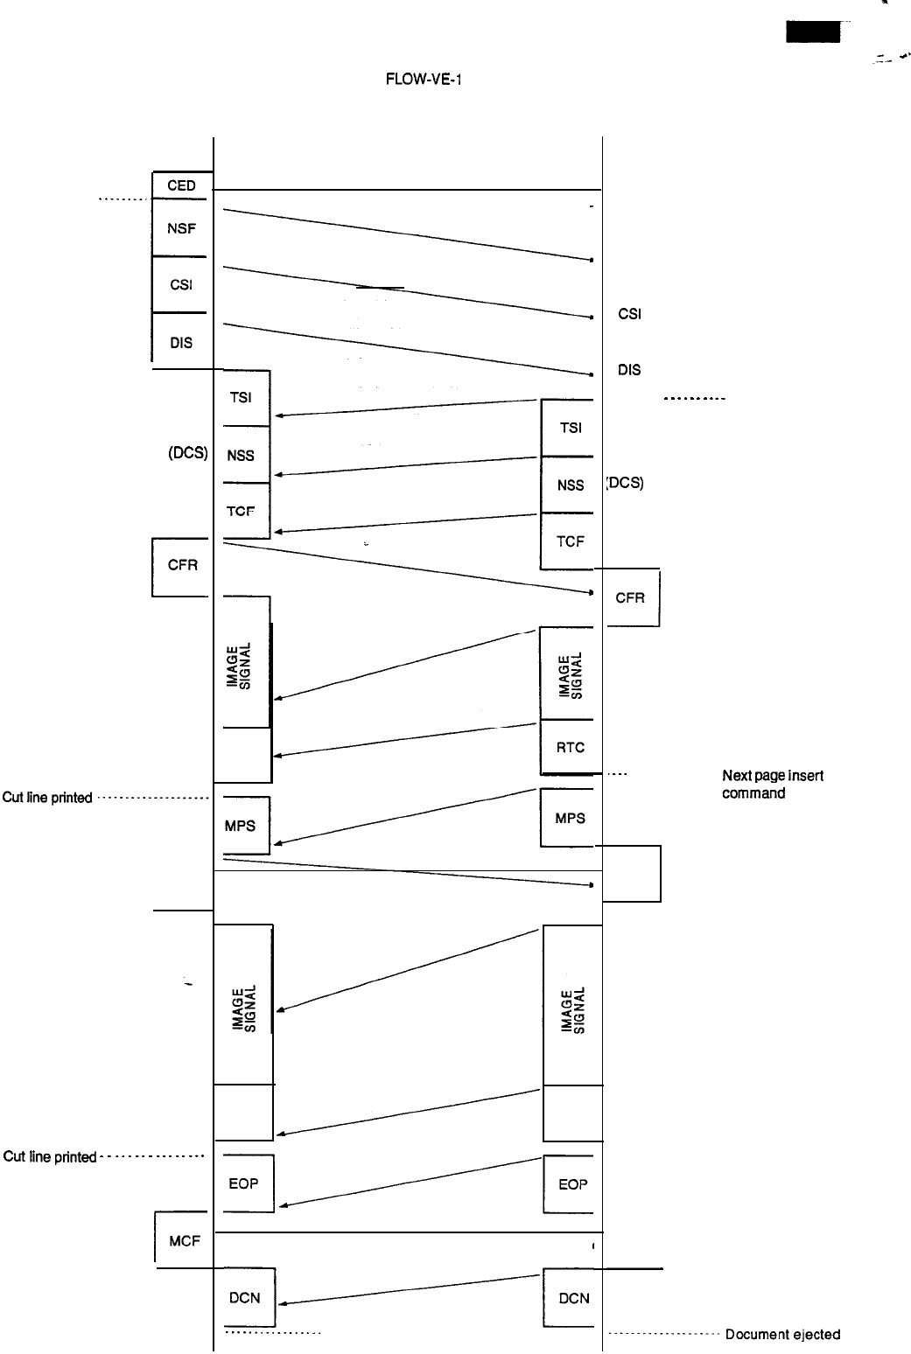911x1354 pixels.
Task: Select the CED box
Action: click(x=181, y=185)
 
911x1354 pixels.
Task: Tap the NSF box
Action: click(x=181, y=228)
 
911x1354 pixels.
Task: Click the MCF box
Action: click(x=184, y=1239)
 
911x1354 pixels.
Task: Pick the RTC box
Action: click(x=570, y=748)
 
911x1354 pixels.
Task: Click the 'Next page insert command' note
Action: click(x=772, y=785)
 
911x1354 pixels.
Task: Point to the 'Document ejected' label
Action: click(x=782, y=1335)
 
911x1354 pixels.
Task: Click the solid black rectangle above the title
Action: click(x=812, y=33)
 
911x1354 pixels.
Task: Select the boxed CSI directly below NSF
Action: click(x=181, y=285)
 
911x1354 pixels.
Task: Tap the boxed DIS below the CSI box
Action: click(x=181, y=343)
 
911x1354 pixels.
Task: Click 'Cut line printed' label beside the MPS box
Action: click(x=47, y=798)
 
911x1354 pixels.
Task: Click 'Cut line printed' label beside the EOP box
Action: click(x=50, y=1157)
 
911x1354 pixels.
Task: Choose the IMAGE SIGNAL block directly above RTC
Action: click(x=570, y=674)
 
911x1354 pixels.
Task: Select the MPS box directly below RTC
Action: click(x=570, y=819)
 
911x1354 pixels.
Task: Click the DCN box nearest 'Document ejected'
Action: click(x=573, y=1299)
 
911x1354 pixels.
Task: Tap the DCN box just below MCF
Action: click(x=244, y=1298)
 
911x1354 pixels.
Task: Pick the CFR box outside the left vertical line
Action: click(x=182, y=566)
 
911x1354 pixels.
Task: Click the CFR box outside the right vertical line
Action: click(x=630, y=598)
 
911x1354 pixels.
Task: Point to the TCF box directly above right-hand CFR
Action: click(x=570, y=541)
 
